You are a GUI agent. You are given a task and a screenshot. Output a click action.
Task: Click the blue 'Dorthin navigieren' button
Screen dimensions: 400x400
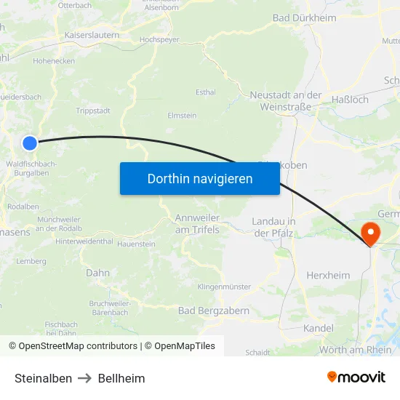pyautogui.click(x=199, y=178)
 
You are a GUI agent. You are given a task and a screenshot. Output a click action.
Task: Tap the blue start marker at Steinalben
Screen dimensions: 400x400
pyautogui.click(x=30, y=143)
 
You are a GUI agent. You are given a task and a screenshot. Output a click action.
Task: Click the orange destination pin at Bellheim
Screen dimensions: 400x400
pyautogui.click(x=370, y=233)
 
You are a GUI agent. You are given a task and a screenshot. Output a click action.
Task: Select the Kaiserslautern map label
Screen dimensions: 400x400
pyautogui.click(x=92, y=34)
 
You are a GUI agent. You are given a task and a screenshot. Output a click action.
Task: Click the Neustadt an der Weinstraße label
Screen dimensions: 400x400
pyautogui.click(x=285, y=100)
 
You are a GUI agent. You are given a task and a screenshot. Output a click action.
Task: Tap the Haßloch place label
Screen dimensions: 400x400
pyautogui.click(x=350, y=99)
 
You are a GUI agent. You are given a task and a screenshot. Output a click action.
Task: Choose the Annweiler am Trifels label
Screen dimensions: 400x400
pyautogui.click(x=197, y=223)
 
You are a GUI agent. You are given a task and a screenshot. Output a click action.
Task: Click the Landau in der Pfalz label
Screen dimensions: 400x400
pyautogui.click(x=273, y=226)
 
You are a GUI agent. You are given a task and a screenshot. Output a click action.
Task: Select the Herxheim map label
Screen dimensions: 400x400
pyautogui.click(x=328, y=276)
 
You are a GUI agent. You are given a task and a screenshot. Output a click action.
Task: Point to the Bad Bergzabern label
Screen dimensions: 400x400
pyautogui.click(x=214, y=311)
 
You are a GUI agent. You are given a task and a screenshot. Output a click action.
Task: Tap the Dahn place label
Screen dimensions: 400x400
pyautogui.click(x=97, y=273)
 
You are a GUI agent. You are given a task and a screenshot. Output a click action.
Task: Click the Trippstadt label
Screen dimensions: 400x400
pyautogui.click(x=92, y=111)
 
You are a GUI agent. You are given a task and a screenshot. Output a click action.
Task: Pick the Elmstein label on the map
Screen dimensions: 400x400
pyautogui.click(x=182, y=115)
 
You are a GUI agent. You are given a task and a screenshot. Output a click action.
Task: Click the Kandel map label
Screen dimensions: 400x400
pyautogui.click(x=319, y=328)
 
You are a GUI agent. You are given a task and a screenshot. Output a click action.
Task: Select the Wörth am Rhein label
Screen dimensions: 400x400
pyautogui.click(x=356, y=350)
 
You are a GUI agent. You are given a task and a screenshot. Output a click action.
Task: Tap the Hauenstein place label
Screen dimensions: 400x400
pyautogui.click(x=136, y=244)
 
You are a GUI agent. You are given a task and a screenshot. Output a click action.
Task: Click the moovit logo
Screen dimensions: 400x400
pyautogui.click(x=356, y=377)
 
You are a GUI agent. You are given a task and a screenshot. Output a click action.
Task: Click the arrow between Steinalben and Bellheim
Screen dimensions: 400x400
pyautogui.click(x=85, y=378)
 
